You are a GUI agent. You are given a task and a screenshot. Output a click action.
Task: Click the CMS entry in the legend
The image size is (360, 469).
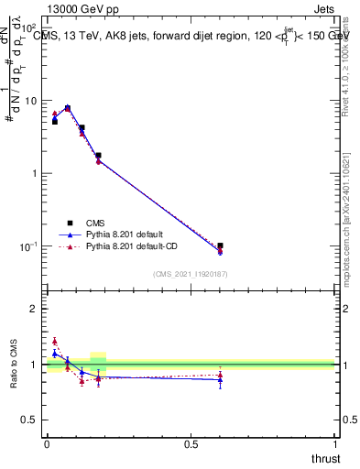click(95, 223)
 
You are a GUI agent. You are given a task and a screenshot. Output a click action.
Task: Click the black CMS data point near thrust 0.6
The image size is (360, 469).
click(220, 245)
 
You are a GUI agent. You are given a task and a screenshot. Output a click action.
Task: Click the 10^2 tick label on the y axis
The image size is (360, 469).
click(30, 28)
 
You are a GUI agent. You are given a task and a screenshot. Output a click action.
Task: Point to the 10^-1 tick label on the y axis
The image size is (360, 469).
click(29, 246)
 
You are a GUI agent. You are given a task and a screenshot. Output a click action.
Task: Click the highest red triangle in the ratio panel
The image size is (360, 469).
click(55, 341)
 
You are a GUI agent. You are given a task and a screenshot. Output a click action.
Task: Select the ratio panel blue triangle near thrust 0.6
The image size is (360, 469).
click(220, 379)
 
